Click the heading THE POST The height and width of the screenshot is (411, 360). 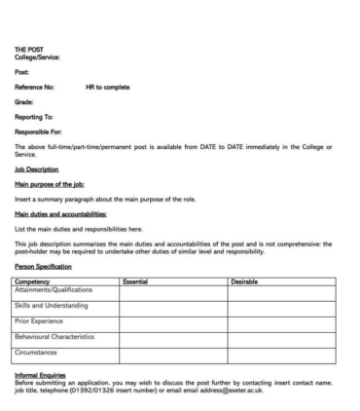tap(27, 50)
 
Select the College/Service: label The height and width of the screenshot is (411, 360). tap(37, 57)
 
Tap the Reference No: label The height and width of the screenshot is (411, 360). tap(34, 87)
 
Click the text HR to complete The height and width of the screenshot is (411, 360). tap(107, 87)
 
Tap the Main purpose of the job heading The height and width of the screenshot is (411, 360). tap(49, 183)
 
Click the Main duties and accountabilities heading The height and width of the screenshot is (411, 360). tap(60, 213)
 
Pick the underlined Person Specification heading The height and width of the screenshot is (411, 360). tap(44, 266)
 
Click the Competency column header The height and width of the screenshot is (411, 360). tap(33, 280)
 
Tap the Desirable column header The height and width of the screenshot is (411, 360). tap(245, 280)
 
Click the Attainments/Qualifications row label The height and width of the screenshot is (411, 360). tap(54, 289)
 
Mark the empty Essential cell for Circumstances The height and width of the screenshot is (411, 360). tap(173, 353)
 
